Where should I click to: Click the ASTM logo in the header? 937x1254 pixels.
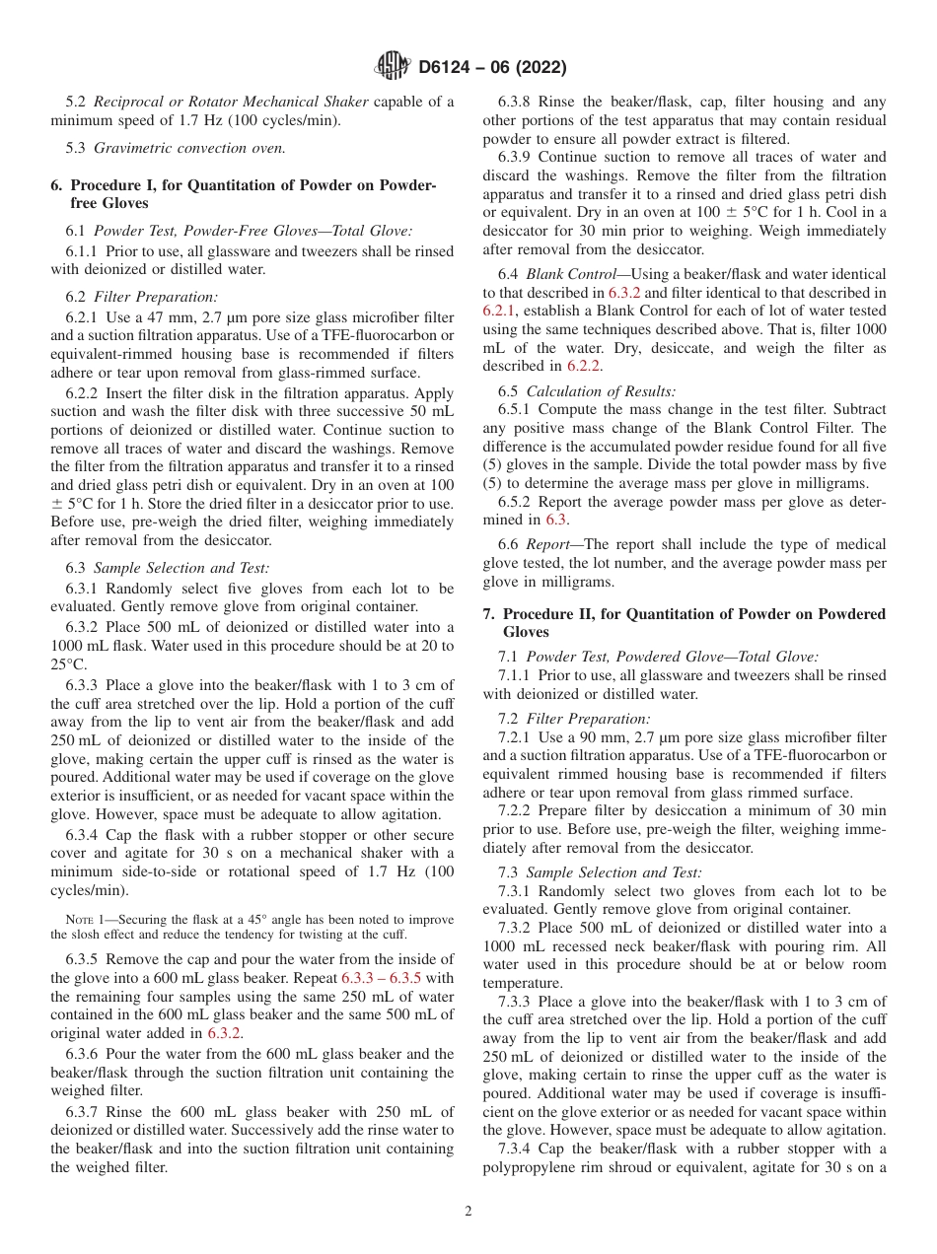coord(394,67)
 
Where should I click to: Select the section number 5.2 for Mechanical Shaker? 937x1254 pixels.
coord(77,102)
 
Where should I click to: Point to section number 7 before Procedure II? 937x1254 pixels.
coord(488,613)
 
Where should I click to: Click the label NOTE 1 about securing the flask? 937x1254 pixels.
coord(85,919)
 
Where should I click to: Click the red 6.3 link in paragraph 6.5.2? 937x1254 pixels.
coord(557,519)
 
